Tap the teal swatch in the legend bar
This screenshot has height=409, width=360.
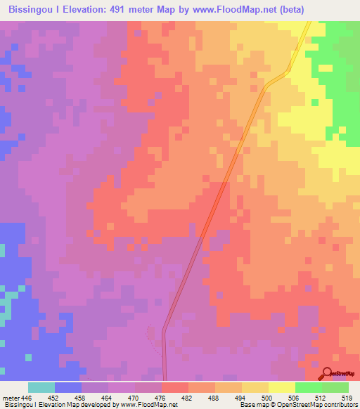41,387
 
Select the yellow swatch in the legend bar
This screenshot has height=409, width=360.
281,387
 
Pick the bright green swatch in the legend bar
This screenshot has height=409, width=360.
308,387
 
